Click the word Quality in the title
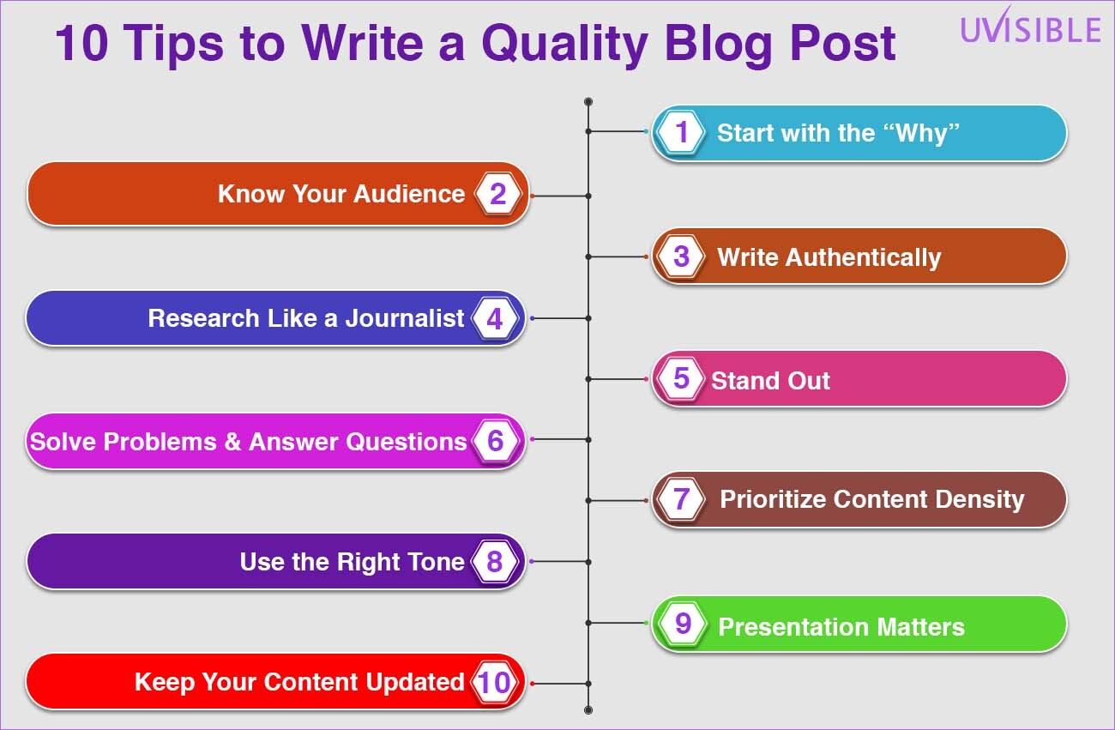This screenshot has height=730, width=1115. pos(565,45)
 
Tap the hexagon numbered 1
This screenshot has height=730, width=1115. pos(681,132)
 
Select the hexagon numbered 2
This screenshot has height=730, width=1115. pos(497,194)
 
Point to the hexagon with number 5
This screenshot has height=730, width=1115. pos(681,379)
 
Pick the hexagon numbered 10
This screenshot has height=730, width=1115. pos(494,682)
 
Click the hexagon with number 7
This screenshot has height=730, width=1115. pos(681,499)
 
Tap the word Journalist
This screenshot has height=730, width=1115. pos(405,318)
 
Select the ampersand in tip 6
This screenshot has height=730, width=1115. pos(233,442)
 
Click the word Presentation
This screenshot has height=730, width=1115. pos(794,627)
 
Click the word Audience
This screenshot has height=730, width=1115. pos(409,194)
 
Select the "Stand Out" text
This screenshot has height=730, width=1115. pos(770,381)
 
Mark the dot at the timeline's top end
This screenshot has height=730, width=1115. pos(588,101)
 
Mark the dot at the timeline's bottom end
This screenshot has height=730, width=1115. pos(588,710)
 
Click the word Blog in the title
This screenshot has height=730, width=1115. pos(718,45)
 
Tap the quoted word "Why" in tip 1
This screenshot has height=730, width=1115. pos(922,134)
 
